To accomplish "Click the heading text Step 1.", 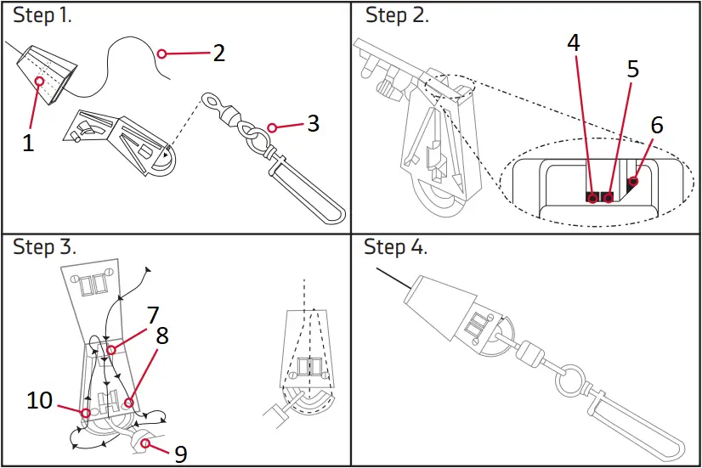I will pyautogui.click(x=42, y=16).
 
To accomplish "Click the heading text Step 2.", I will pyautogui.click(x=397, y=16).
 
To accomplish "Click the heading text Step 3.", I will pyautogui.click(x=44, y=247).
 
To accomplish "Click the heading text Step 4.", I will pyautogui.click(x=396, y=247).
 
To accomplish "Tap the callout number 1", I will pyautogui.click(x=28, y=143).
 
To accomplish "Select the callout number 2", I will pyautogui.click(x=218, y=53).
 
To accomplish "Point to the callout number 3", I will pyautogui.click(x=313, y=123).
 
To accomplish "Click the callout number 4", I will pyautogui.click(x=574, y=43).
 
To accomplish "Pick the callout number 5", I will pyautogui.click(x=632, y=69).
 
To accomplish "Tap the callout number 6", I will pyautogui.click(x=656, y=125).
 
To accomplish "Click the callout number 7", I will pyautogui.click(x=152, y=316).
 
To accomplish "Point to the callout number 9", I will pyautogui.click(x=180, y=454).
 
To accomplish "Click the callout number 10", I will pyautogui.click(x=40, y=400).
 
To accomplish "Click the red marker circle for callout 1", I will pyautogui.click(x=39, y=81).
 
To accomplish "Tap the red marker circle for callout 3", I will pyautogui.click(x=272, y=127).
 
